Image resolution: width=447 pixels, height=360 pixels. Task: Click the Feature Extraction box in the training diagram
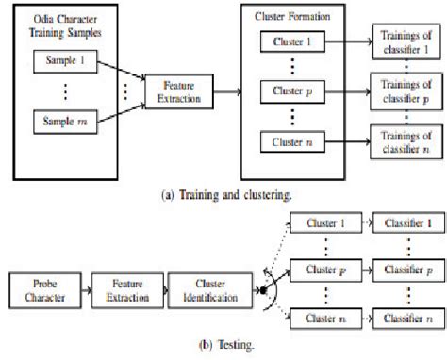click(x=173, y=92)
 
